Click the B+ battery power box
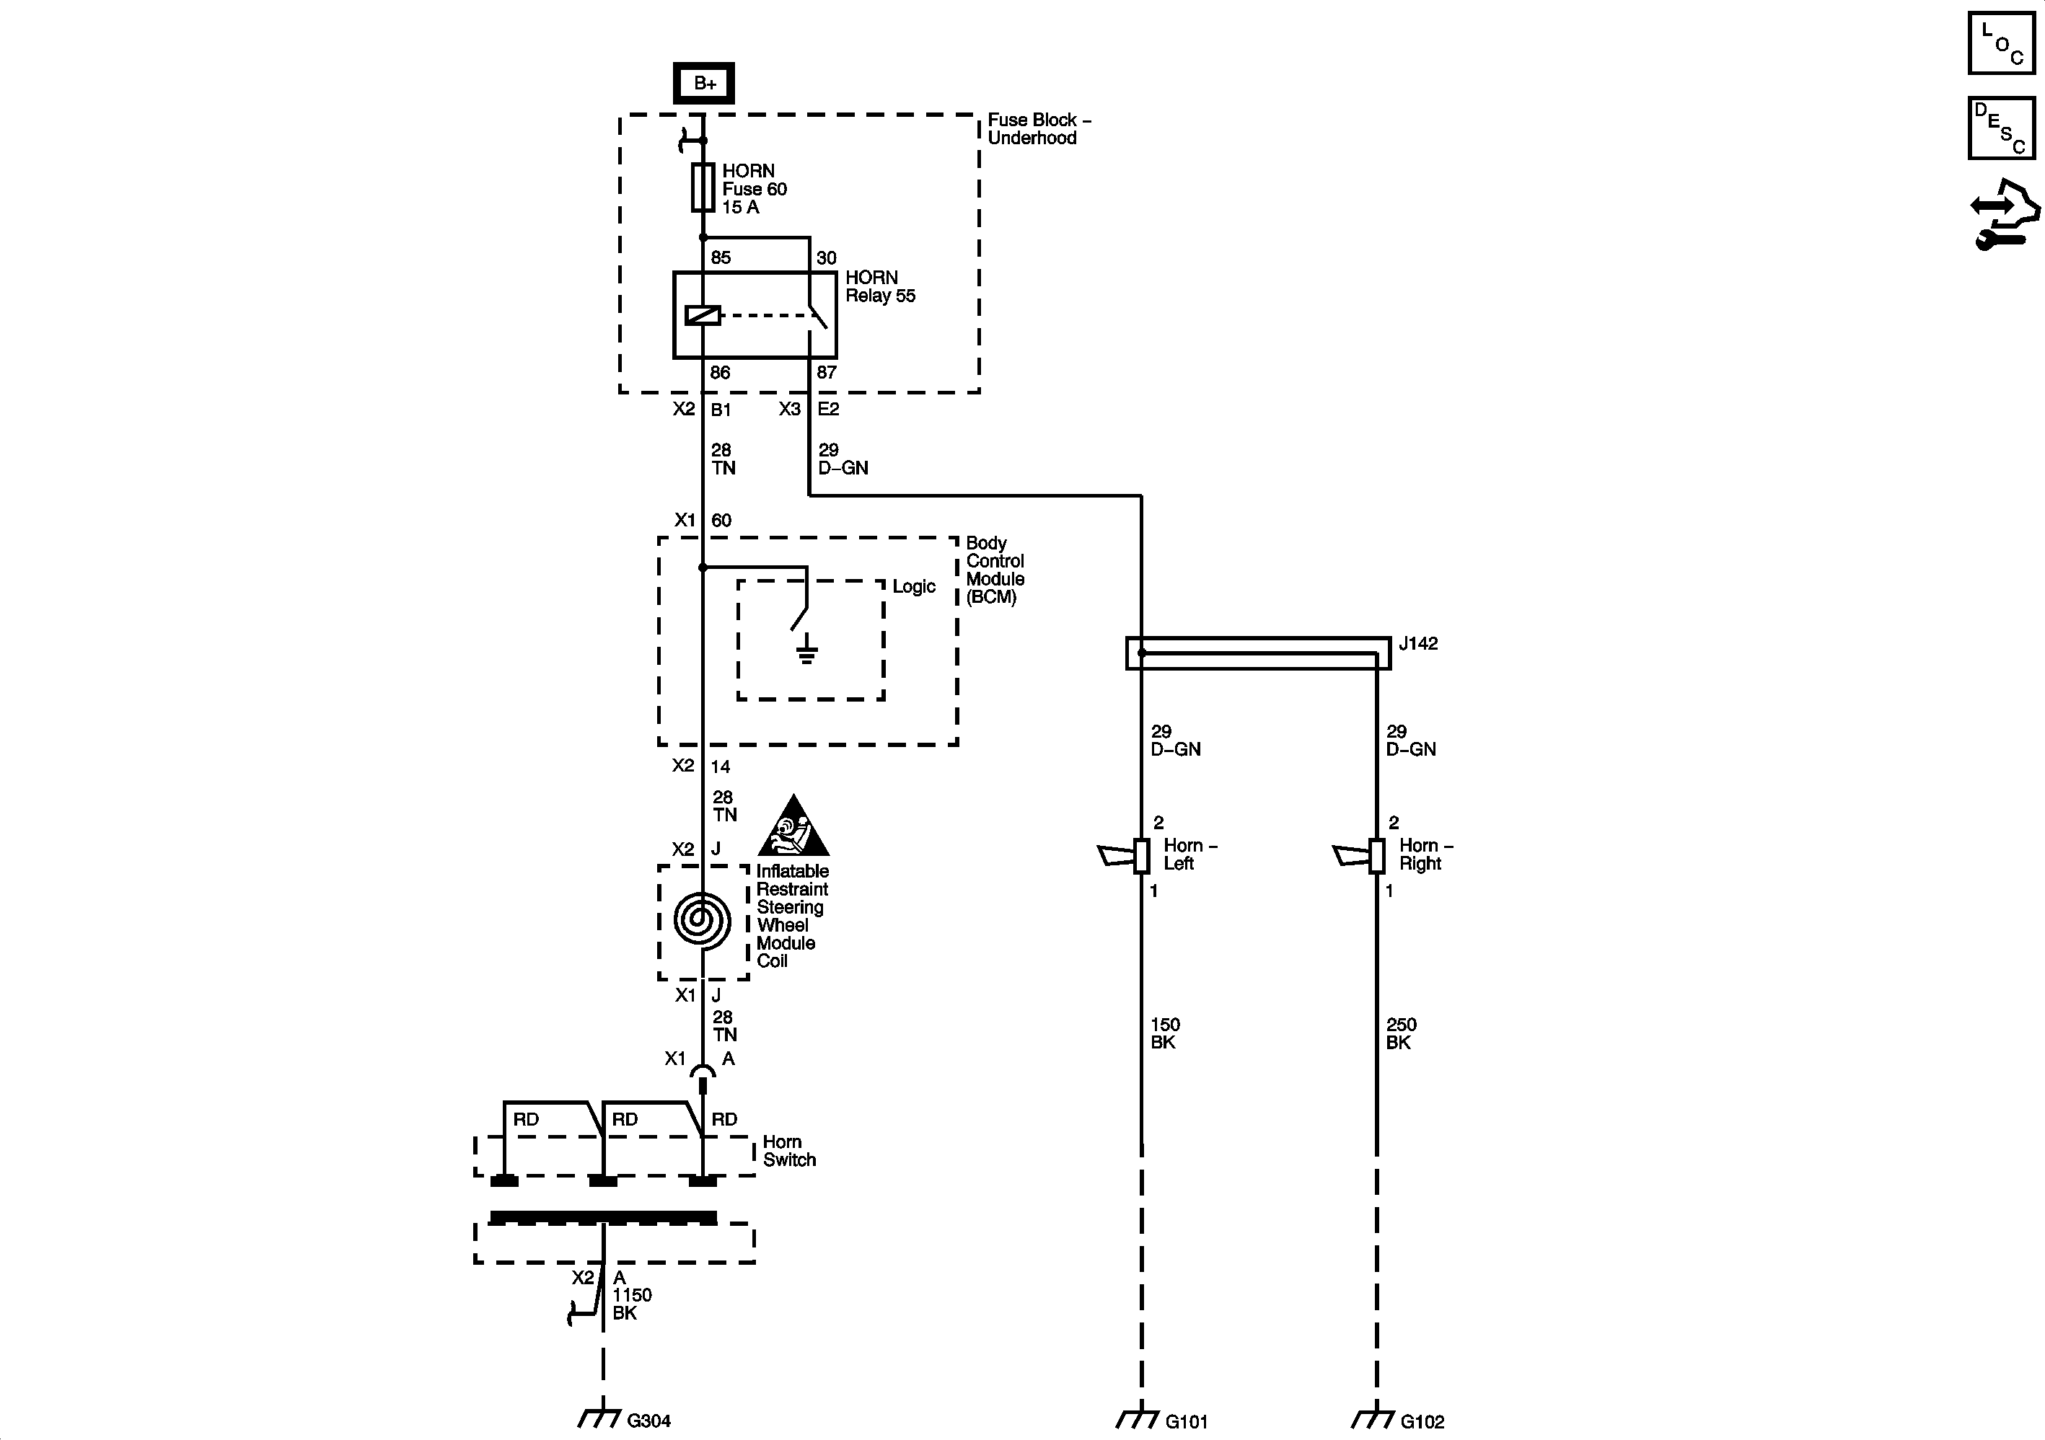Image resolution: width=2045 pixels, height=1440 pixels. [x=703, y=83]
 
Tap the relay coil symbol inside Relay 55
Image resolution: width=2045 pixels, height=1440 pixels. [x=702, y=314]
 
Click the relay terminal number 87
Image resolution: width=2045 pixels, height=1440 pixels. [x=827, y=372]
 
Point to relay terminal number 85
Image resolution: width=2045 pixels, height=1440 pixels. [x=721, y=257]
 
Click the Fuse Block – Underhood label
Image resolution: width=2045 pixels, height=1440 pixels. [x=1037, y=129]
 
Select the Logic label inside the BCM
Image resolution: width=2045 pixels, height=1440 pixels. [x=914, y=586]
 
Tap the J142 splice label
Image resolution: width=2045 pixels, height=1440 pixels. [x=1418, y=643]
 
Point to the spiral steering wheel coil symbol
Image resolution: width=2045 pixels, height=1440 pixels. [x=702, y=920]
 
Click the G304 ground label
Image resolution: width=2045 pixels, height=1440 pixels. [x=648, y=1421]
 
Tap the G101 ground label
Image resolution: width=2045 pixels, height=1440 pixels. [x=1187, y=1421]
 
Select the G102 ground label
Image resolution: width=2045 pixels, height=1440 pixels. [x=1422, y=1421]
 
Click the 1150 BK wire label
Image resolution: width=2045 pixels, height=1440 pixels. [x=631, y=1304]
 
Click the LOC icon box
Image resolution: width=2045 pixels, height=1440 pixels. [x=2001, y=43]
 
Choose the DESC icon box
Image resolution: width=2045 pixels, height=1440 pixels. [x=2001, y=128]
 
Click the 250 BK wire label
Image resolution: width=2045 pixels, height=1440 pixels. [x=1401, y=1033]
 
